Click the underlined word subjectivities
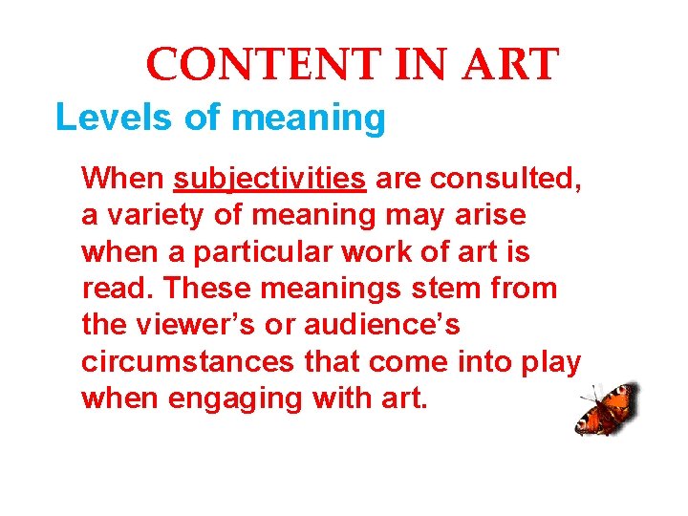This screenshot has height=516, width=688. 269,179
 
